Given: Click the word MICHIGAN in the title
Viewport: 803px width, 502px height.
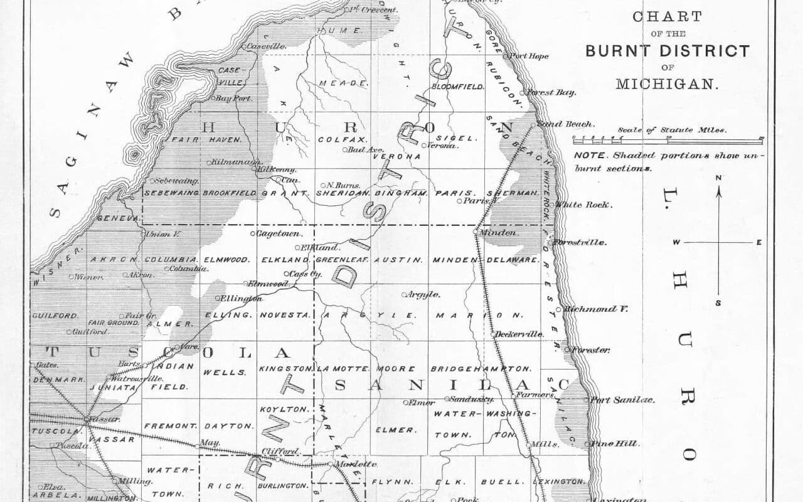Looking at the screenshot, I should click(667, 84).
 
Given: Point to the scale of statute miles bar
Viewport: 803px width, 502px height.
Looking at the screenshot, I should click(667, 139).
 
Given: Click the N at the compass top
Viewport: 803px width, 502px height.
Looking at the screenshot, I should click(719, 178).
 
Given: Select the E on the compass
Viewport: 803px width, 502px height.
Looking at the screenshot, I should click(758, 242).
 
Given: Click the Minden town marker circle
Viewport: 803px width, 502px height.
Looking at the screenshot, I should click(476, 232).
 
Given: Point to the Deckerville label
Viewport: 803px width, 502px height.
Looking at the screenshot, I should click(520, 334).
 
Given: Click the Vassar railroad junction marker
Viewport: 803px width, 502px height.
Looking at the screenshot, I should click(87, 419).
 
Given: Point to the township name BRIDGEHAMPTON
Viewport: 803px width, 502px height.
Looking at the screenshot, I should click(481, 368).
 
